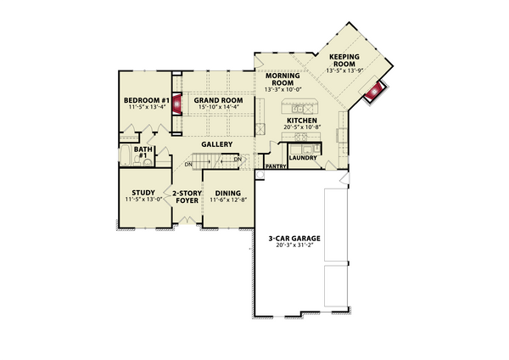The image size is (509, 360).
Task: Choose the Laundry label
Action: (x=302, y=157)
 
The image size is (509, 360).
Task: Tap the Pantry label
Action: (x=275, y=167)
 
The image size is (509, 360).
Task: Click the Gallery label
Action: (x=217, y=144)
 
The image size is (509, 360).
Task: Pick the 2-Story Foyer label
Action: (x=186, y=196)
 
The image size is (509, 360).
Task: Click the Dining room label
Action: (x=227, y=192)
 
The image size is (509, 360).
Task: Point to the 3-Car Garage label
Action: (x=290, y=239)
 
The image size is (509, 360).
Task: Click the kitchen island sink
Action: (x=299, y=109)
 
